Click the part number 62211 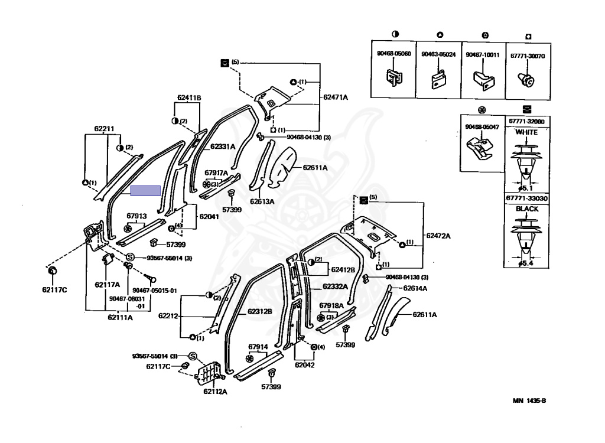click(x=103, y=128)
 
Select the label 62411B click(x=189, y=97)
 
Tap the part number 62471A click(x=336, y=96)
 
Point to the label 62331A click(x=223, y=146)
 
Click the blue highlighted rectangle click(x=145, y=190)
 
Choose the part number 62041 click(x=209, y=217)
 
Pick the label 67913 click(x=136, y=216)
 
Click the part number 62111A click(x=120, y=317)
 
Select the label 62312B click(x=259, y=311)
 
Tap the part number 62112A click(x=216, y=391)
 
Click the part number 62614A click(x=415, y=288)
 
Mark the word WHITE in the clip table click(x=526, y=132)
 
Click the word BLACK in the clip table click(x=526, y=209)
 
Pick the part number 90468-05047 click(x=482, y=127)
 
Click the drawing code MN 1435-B click(x=529, y=401)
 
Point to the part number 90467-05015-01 click(x=154, y=291)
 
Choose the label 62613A click(x=262, y=201)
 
